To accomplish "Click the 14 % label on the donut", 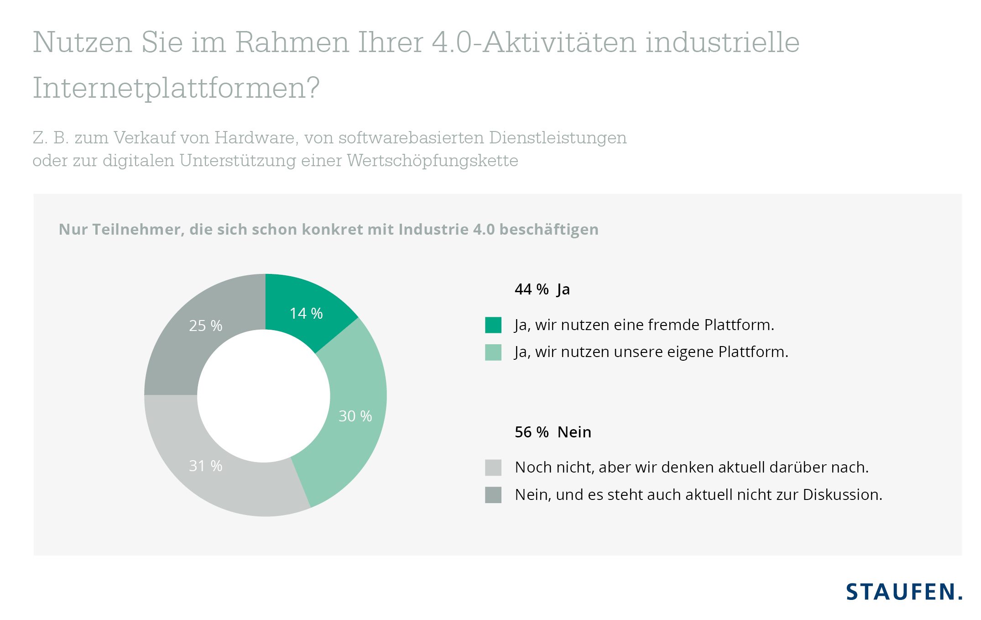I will [x=306, y=314].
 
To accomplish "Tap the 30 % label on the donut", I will [x=355, y=416].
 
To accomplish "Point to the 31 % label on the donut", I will [x=205, y=466].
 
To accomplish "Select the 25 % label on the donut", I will [x=205, y=326].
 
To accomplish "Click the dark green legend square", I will [x=493, y=325].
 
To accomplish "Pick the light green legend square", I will [x=493, y=352].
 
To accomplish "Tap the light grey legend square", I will [x=493, y=468].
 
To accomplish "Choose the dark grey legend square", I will [x=493, y=495].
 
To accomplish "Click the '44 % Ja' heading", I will [x=542, y=289].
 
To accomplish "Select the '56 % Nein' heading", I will [x=553, y=432].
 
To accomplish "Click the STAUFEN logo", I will [x=904, y=592].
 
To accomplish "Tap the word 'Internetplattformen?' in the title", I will [x=176, y=88].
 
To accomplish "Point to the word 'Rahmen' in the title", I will [x=292, y=42].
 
